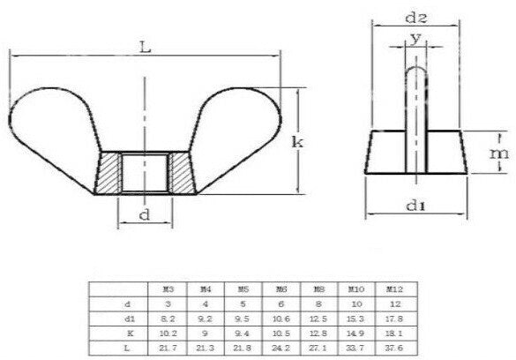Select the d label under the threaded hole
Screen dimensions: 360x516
click(x=144, y=214)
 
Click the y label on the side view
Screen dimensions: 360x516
click(x=414, y=40)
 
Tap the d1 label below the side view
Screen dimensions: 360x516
click(x=413, y=207)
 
